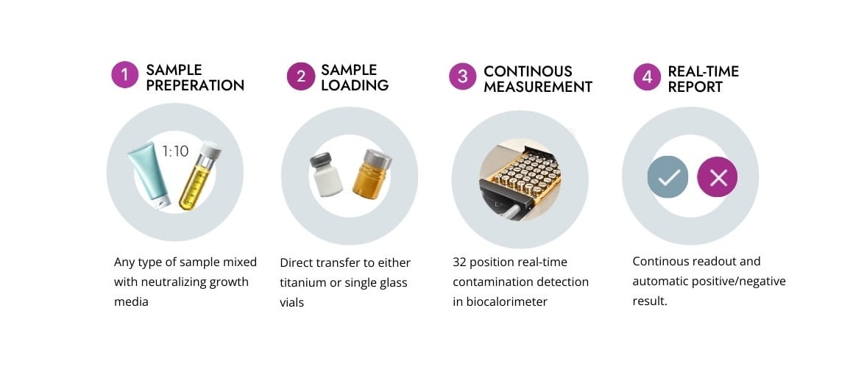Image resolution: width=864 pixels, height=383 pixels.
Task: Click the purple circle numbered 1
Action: click(125, 75)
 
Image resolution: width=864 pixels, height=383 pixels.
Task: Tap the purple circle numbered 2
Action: click(301, 76)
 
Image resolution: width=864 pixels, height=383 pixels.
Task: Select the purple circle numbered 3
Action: click(462, 76)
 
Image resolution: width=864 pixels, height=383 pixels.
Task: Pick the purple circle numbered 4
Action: click(647, 77)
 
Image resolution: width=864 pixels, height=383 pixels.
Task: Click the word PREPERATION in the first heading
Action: click(195, 86)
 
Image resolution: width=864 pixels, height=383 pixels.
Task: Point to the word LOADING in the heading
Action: click(355, 86)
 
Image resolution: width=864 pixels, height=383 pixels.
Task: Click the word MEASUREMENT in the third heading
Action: click(538, 87)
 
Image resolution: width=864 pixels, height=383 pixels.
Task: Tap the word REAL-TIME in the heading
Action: click(703, 71)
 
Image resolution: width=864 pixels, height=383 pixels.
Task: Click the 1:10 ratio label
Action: click(176, 151)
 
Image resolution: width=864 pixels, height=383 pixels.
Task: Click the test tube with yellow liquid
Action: click(199, 176)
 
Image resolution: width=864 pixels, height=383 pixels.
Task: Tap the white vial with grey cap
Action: click(325, 174)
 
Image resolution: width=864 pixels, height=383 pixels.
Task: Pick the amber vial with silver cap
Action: click(371, 174)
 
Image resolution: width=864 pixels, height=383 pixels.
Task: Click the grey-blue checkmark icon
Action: click(668, 176)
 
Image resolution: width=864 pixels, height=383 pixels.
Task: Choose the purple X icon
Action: click(717, 176)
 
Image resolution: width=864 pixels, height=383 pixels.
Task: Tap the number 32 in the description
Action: click(459, 262)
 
